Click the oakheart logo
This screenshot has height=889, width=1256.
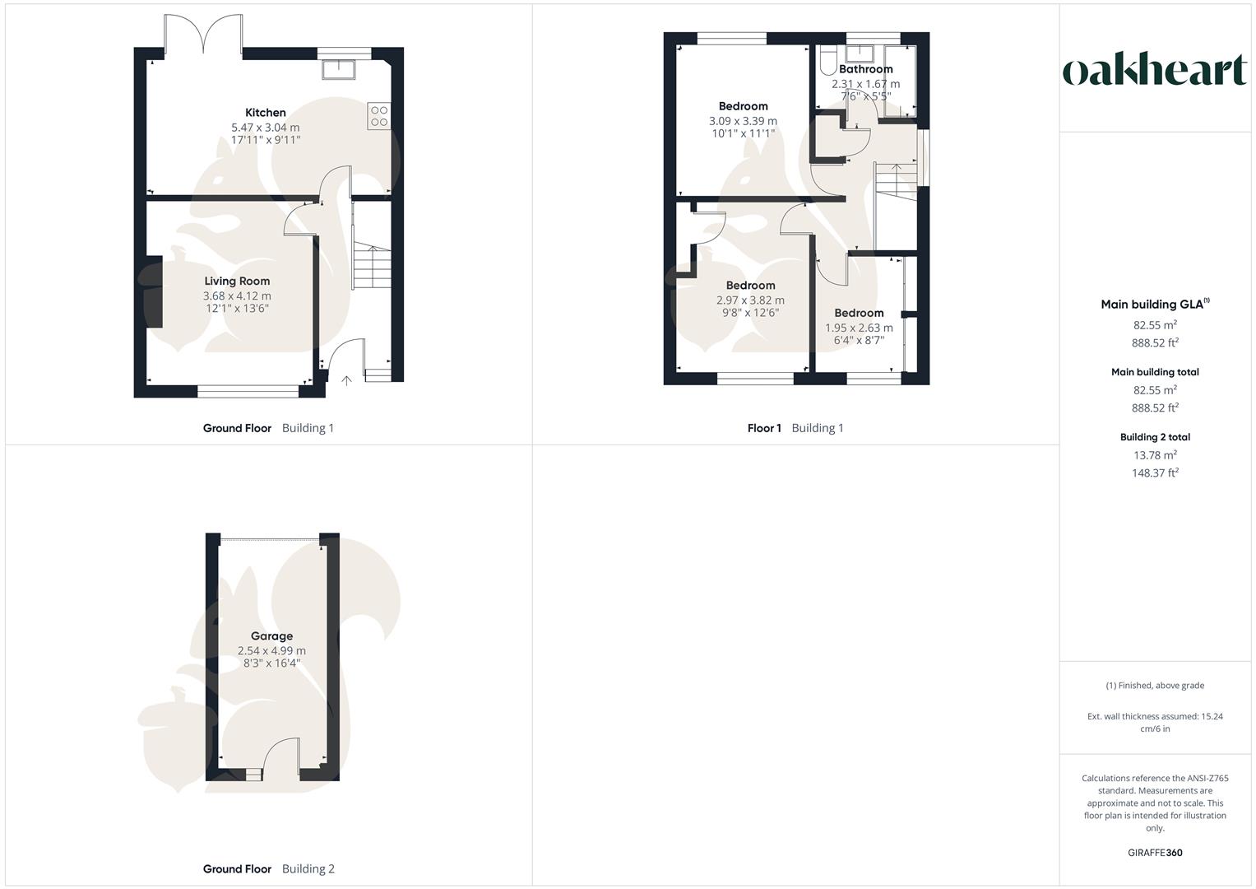(1155, 71)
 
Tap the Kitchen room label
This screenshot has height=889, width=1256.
(266, 113)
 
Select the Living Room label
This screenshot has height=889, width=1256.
(237, 282)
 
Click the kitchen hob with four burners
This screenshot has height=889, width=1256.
(379, 116)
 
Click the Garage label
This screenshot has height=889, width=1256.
(271, 636)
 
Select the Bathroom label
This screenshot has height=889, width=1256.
(865, 70)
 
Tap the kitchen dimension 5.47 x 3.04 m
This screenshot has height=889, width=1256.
(266, 128)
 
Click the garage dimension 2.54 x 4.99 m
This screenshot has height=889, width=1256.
(271, 651)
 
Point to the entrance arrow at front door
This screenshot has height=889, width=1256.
(346, 380)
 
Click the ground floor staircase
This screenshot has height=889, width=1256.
(373, 268)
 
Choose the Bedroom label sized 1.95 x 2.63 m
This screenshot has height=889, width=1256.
(859, 313)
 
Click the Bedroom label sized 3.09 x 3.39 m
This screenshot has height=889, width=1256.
(743, 106)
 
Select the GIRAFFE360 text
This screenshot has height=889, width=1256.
(1155, 853)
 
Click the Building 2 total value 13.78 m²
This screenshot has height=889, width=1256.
(1155, 455)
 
